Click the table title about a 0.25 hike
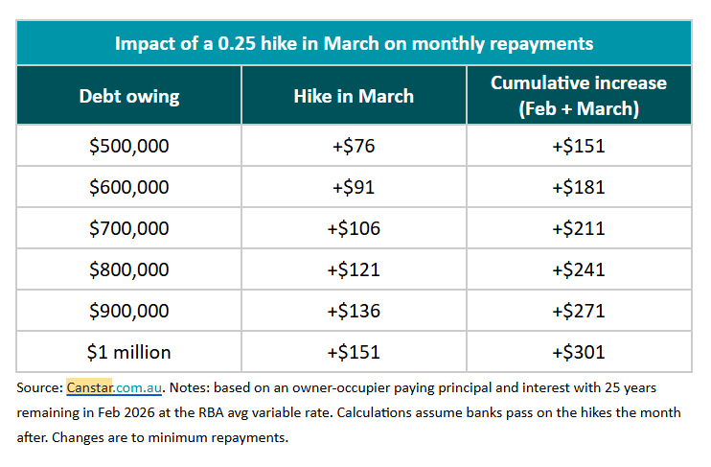click(x=354, y=43)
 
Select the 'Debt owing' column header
click(x=128, y=96)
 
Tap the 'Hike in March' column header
click(x=354, y=96)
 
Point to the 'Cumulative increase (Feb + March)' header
click(x=578, y=95)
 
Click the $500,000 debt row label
click(x=128, y=147)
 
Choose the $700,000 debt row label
click(x=128, y=228)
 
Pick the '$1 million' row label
click(x=128, y=351)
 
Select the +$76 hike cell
click(x=354, y=147)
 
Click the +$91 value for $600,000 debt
click(x=354, y=188)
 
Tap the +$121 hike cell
click(x=354, y=269)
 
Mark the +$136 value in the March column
click(x=354, y=311)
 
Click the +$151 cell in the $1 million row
click(x=354, y=351)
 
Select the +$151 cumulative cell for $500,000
click(x=578, y=147)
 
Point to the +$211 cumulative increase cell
click(x=578, y=228)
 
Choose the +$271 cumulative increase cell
click(x=578, y=311)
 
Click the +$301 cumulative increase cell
click(x=578, y=351)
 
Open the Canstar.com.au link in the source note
click(x=115, y=387)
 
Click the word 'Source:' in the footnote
click(x=39, y=387)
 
